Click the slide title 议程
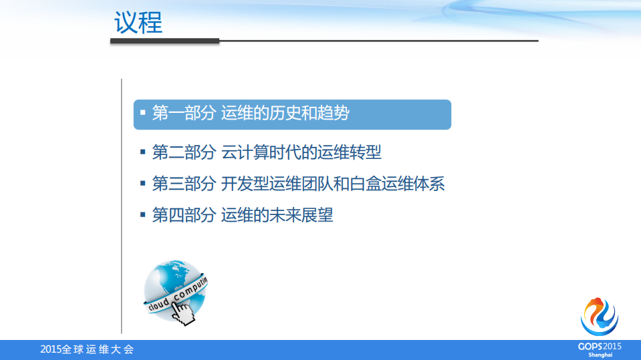[138, 23]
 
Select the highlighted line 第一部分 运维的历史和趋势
[251, 114]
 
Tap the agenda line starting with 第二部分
[267, 152]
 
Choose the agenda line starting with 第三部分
[298, 184]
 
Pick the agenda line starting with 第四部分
[243, 215]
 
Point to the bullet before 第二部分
[142, 152]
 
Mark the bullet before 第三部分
[142, 183]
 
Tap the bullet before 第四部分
[142, 214]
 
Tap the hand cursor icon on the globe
[182, 312]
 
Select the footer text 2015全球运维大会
[87, 349]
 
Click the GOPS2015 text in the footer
[600, 346]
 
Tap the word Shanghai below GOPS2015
[600, 355]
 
